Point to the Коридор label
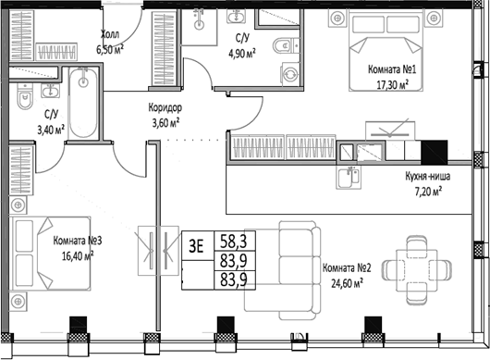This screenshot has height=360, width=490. [x=165, y=106]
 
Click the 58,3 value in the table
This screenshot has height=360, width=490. [x=236, y=242]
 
